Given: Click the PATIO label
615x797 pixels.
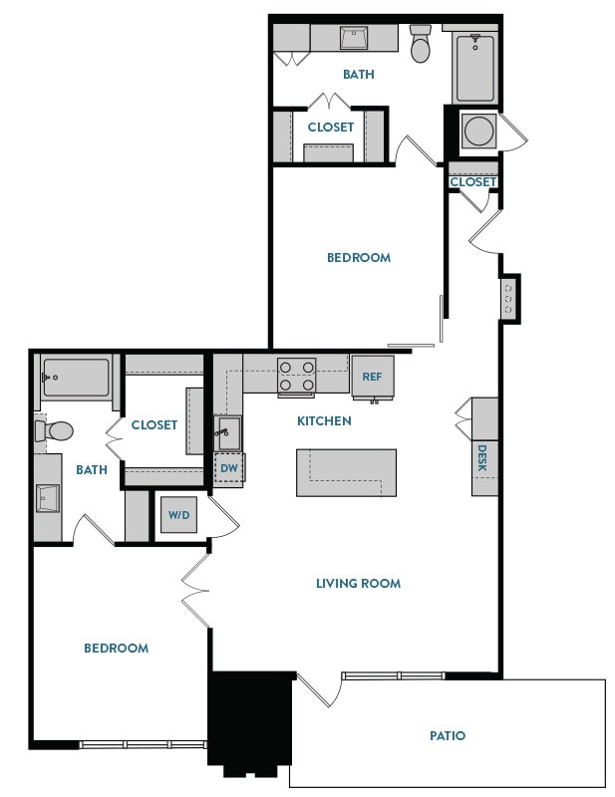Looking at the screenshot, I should pos(448,736).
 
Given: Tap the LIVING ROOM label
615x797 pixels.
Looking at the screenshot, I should pos(358,583).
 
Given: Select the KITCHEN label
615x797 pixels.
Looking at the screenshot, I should pos(324,421).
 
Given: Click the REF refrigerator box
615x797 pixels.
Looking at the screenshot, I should pos(372,377).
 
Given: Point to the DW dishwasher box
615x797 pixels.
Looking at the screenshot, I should pos(229,467).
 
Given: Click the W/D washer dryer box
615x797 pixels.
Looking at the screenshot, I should pos(178,515).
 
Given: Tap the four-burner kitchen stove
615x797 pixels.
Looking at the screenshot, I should pos(296,377).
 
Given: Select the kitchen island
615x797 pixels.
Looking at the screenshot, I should pos(346,472).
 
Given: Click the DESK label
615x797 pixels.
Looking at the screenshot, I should pos(482,457).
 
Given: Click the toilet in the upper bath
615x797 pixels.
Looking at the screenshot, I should pos(421,47).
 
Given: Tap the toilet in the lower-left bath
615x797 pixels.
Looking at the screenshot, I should pos(55,431).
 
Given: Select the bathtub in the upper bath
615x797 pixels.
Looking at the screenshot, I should pos(474,66).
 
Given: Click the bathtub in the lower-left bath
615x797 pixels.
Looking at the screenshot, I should pos(75,378).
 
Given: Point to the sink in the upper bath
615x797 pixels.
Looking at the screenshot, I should pos(354,38).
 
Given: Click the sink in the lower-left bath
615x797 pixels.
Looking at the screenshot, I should pos(48,497).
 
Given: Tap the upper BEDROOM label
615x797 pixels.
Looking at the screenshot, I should pos(359,258).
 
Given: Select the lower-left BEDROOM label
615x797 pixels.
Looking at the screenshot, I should pos(116,649).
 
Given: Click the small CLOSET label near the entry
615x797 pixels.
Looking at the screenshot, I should pos(472,182).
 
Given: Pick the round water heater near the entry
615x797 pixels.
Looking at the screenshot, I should pos(475,131).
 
